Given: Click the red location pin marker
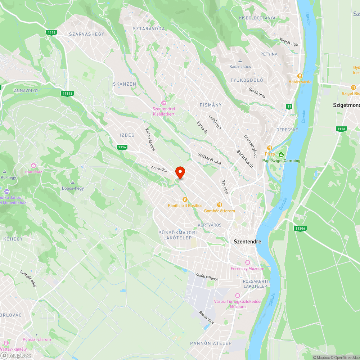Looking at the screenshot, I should (x=180, y=172).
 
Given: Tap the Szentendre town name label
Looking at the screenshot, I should (x=247, y=242).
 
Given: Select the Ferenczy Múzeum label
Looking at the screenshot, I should (x=247, y=269).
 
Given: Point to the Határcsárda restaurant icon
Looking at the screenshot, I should (x=300, y=76).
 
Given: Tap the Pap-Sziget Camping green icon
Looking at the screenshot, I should (x=281, y=155).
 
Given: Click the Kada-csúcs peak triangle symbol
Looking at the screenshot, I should (x=240, y=61).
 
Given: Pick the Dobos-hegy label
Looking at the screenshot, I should (x=73, y=188).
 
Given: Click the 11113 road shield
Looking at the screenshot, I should (x=67, y=94).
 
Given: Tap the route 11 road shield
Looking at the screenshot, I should (x=289, y=107).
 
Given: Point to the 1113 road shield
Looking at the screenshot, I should (x=341, y=129).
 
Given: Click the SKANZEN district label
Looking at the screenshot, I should (x=125, y=84).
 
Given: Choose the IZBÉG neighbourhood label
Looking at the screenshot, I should (x=127, y=135).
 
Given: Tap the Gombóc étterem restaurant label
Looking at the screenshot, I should (x=219, y=211).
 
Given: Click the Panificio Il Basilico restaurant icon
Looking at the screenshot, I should (x=185, y=199).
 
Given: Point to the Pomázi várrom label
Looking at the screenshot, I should (x=37, y=339).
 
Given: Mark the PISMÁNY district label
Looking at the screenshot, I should (x=211, y=105).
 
